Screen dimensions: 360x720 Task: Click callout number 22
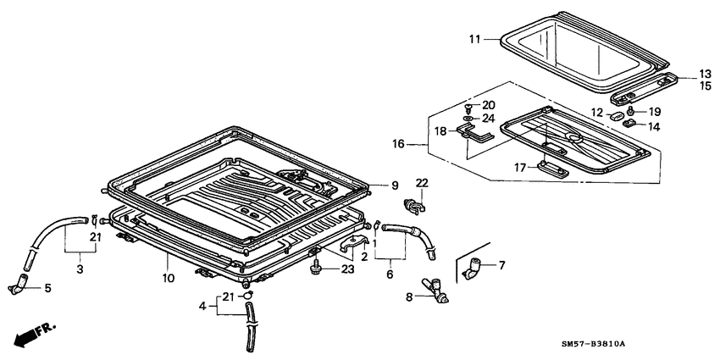click(422, 183)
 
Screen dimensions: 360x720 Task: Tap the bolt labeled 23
click(317, 269)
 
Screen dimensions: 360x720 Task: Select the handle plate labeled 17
click(552, 166)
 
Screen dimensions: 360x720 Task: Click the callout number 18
click(440, 130)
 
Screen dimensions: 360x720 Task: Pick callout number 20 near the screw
click(488, 104)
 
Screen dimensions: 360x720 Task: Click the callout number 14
click(654, 126)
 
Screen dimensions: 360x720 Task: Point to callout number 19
click(655, 111)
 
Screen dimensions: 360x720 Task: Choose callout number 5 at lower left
click(47, 288)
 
